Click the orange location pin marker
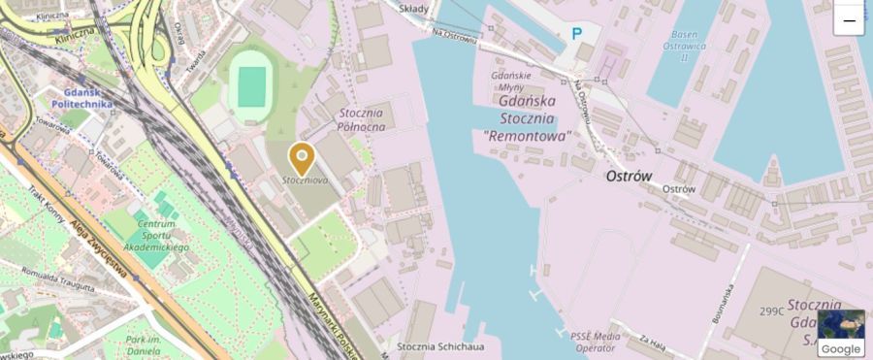(x=303, y=157)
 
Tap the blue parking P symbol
(x=577, y=34)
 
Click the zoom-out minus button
(x=849, y=20)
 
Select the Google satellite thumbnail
(x=840, y=333)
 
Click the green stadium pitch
(x=252, y=86)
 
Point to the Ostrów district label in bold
(x=629, y=177)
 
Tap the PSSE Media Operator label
(x=594, y=340)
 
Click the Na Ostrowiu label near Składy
(x=454, y=37)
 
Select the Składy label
(x=418, y=8)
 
